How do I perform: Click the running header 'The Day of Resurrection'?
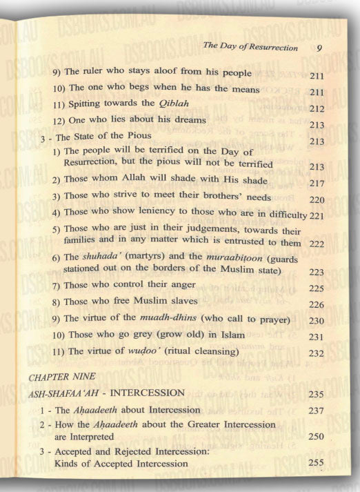coord(250,48)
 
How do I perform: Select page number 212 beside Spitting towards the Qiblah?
coord(318,109)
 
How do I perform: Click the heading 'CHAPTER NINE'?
coord(55,377)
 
